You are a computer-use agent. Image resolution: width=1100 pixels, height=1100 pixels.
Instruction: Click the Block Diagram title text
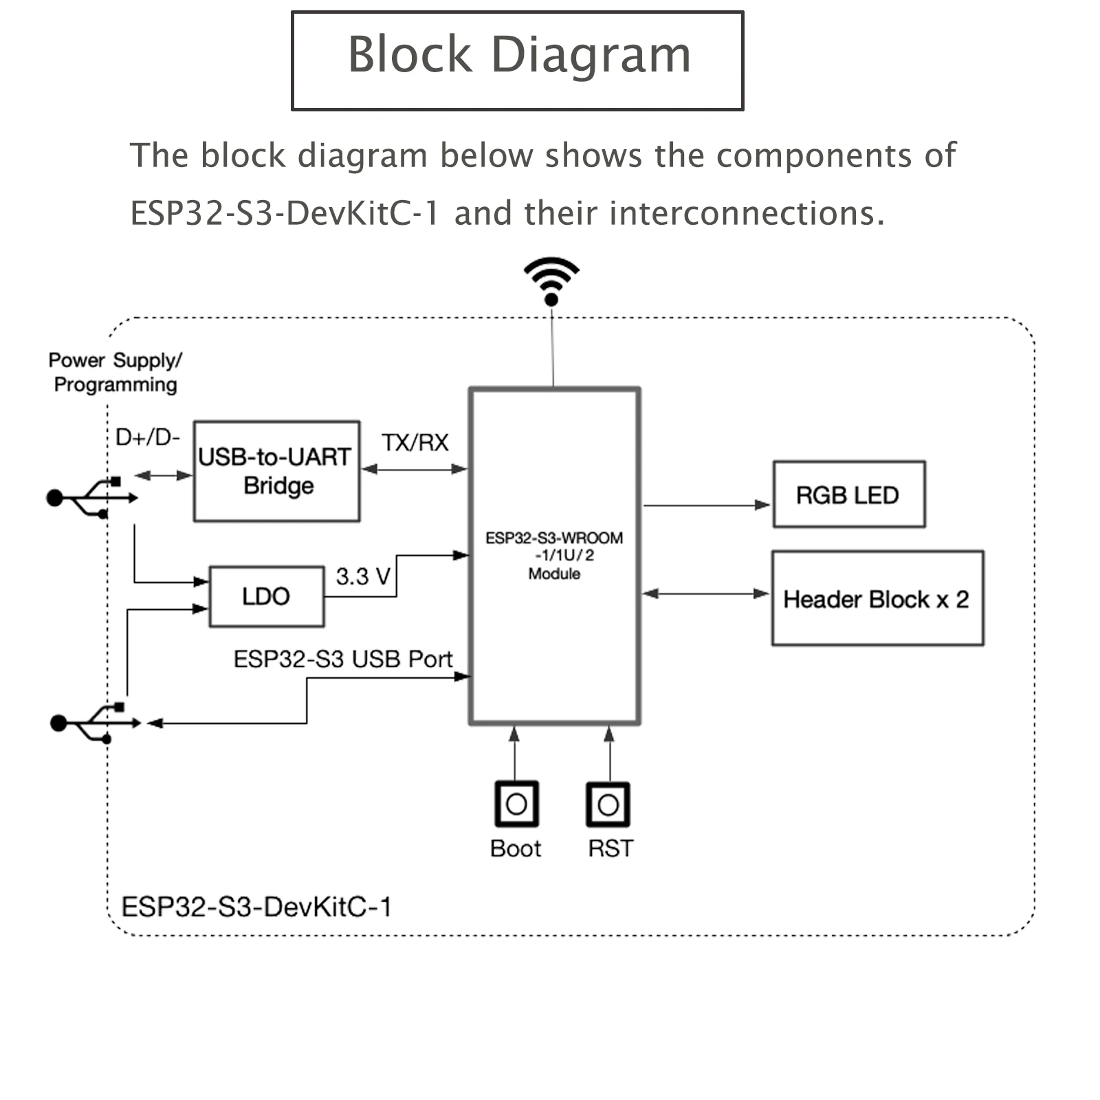(518, 55)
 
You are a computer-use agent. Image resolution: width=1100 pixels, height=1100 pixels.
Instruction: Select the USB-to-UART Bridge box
(276, 472)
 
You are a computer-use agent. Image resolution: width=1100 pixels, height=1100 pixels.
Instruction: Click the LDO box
(266, 596)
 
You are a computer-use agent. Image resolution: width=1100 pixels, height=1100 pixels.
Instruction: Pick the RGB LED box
(848, 495)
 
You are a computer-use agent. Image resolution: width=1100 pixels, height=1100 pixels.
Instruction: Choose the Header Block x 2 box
(877, 599)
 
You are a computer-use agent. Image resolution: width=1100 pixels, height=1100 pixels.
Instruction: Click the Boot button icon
(516, 804)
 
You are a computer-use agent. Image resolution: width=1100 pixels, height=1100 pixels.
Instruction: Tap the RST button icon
(608, 804)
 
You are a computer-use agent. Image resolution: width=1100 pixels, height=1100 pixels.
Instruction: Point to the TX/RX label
(415, 443)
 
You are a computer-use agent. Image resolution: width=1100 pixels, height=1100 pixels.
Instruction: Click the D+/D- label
(147, 437)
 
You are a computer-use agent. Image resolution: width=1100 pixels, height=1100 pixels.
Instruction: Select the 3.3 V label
(363, 576)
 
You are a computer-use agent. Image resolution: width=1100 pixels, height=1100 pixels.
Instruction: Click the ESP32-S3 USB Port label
(342, 659)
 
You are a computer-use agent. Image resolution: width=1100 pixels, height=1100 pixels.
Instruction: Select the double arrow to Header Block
(705, 593)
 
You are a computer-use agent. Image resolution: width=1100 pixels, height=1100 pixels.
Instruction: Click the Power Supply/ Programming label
(115, 372)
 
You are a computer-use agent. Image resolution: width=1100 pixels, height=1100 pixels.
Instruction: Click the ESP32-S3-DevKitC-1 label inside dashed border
(256, 907)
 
